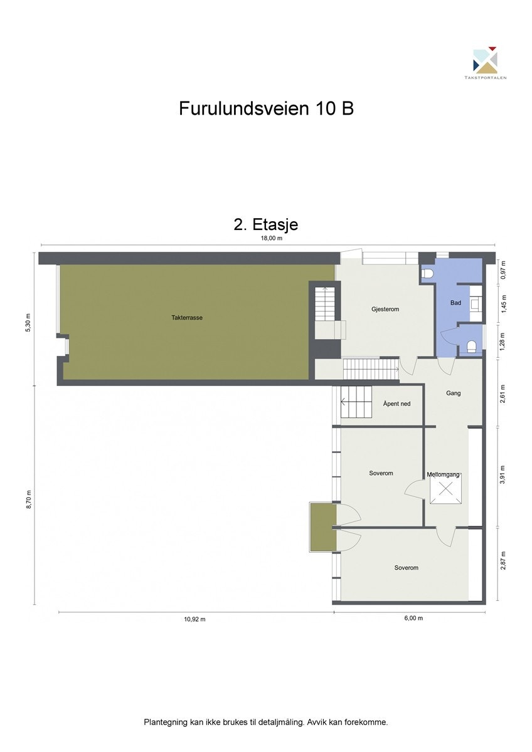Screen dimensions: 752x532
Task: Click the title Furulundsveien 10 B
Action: pyautogui.click(x=266, y=108)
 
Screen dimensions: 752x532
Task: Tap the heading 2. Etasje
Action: pyautogui.click(x=265, y=224)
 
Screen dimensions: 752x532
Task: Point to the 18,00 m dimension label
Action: pyautogui.click(x=271, y=239)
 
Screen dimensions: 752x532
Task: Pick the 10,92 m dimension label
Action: pyautogui.click(x=194, y=619)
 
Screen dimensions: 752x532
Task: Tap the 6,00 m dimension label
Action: pyautogui.click(x=413, y=618)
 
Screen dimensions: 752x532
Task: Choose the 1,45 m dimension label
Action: pyautogui.click(x=503, y=303)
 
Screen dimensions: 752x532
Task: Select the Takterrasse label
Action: pyautogui.click(x=187, y=318)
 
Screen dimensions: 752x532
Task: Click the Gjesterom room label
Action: pyautogui.click(x=385, y=310)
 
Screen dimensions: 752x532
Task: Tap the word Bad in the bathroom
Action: pyautogui.click(x=456, y=303)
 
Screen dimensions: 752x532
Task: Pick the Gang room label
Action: pyautogui.click(x=454, y=394)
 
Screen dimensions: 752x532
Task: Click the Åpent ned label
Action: pyautogui.click(x=396, y=404)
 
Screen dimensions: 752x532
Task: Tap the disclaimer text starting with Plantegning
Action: pyautogui.click(x=266, y=722)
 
